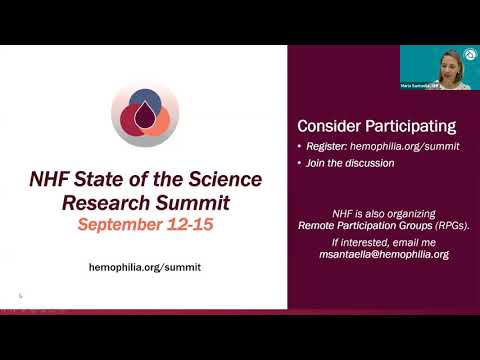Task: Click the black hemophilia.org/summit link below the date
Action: (x=144, y=267)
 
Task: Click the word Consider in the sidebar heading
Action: (x=331, y=127)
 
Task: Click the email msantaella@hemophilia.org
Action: (x=384, y=255)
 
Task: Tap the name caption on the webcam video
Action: (x=420, y=87)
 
